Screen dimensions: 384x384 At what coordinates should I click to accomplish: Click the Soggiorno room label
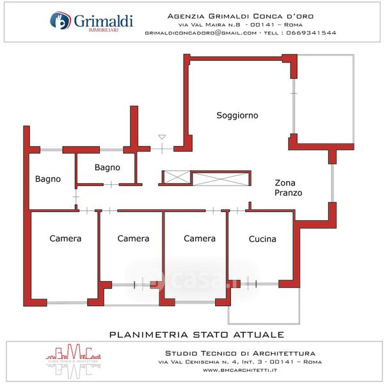click(237, 116)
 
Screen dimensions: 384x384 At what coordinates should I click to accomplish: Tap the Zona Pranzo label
click(288, 187)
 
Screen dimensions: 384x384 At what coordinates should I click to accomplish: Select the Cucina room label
click(262, 239)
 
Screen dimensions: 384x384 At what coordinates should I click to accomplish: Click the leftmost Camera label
click(65, 239)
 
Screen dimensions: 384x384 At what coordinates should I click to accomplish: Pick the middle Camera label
click(133, 239)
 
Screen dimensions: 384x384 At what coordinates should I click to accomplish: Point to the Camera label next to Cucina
click(200, 239)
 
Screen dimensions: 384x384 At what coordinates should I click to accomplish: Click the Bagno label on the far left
click(48, 179)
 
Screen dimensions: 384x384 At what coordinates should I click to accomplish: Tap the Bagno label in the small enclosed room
click(107, 168)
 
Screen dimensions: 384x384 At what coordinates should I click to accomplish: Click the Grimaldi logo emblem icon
click(60, 21)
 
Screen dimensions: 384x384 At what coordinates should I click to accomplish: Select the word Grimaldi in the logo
click(102, 20)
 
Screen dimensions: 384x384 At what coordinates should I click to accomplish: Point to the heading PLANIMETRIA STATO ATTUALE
click(196, 335)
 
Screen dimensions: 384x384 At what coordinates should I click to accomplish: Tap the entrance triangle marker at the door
click(162, 137)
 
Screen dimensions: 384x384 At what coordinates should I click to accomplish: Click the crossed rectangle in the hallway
click(221, 179)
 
